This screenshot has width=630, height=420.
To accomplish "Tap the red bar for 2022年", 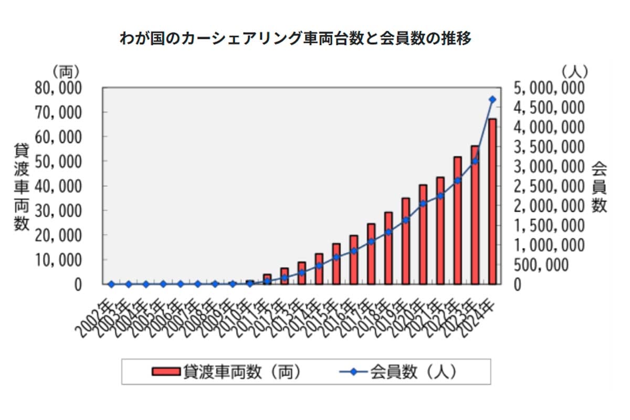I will click(x=458, y=220).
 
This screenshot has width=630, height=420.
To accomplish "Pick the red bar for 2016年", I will click(x=354, y=260).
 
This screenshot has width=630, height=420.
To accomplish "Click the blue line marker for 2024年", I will click(x=492, y=99).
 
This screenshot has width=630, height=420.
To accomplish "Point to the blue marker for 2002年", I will click(x=111, y=284).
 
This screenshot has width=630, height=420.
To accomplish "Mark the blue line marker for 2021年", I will click(x=440, y=196).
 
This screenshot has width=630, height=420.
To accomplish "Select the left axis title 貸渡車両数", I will click(x=21, y=186).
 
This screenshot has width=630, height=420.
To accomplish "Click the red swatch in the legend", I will click(x=166, y=372).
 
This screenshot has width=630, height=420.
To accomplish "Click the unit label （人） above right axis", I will click(x=574, y=71).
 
